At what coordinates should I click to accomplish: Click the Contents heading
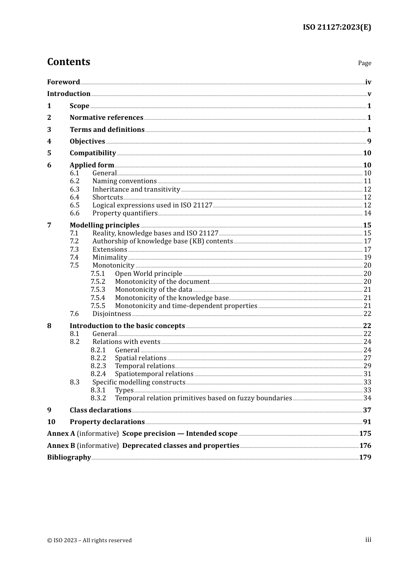coord(68,62)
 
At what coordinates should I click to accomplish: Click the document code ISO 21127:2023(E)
coord(337,27)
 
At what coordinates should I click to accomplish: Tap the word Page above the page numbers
coord(364,63)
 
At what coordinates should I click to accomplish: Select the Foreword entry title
coord(63,82)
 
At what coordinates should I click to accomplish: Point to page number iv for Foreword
coord(368,82)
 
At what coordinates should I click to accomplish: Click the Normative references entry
coord(106,118)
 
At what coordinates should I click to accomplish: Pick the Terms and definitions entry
coord(107,130)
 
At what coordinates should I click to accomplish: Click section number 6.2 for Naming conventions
coord(75,181)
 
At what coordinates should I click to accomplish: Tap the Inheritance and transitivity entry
coord(136,190)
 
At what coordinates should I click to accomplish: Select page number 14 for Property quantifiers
coord(367,213)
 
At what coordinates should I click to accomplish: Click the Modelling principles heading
coord(105,225)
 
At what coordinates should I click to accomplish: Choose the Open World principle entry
coord(148,274)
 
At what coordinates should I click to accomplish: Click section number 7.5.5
coord(98,306)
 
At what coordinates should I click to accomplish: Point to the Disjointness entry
coord(112,314)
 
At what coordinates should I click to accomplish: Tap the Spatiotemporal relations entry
coord(154,374)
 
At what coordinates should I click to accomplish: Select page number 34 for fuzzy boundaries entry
coord(367,398)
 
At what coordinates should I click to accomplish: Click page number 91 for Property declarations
coord(367,422)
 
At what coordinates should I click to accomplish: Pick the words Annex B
coord(61,446)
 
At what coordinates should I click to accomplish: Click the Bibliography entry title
coord(69,457)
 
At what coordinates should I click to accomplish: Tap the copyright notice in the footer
coord(89,541)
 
